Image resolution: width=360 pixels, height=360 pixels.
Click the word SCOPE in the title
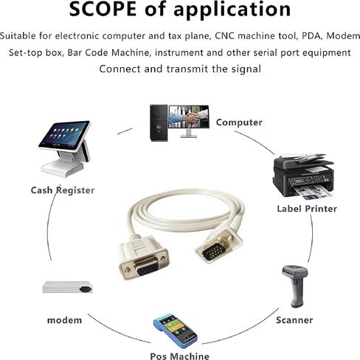tap(103, 9)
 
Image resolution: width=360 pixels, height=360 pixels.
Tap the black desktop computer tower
tap(159, 123)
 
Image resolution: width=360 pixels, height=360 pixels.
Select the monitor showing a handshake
tap(189, 121)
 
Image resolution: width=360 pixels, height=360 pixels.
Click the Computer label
tap(239, 122)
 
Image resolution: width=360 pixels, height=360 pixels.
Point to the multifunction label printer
tap(303, 176)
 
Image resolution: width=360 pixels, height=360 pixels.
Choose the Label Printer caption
tap(307, 209)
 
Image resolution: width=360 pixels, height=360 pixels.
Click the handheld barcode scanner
tap(294, 286)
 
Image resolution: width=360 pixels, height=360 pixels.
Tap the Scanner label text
tap(294, 320)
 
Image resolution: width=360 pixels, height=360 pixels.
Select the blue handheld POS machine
tap(175, 330)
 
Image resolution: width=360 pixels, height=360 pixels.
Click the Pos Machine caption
tap(180, 356)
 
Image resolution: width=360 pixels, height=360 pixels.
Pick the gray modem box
tap(67, 287)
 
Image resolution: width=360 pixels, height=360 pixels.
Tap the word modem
tap(64, 320)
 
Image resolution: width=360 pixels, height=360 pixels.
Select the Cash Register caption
tap(63, 190)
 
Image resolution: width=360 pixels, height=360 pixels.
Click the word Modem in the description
tap(343, 36)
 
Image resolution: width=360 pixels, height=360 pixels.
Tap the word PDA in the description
tap(311, 36)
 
